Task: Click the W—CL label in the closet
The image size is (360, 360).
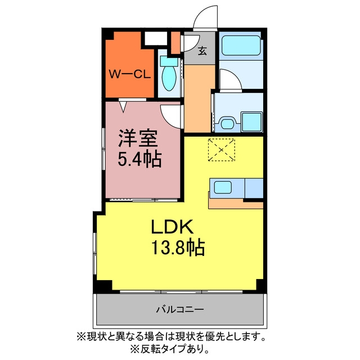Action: coord(130,74)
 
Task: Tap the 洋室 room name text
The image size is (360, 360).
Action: coord(138,138)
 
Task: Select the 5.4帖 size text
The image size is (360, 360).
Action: coord(139,159)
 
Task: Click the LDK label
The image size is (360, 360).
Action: coord(172,227)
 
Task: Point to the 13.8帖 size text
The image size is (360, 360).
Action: coord(178,247)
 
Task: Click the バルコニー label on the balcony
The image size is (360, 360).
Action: coord(180,310)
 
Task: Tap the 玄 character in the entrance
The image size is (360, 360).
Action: coord(202,51)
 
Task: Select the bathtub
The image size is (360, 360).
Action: coord(241,46)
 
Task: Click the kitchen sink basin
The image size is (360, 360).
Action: coord(223,187)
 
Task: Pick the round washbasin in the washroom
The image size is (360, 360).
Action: coord(227,123)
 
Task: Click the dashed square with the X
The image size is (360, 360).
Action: coord(221,150)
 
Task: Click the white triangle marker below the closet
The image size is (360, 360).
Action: coord(124,106)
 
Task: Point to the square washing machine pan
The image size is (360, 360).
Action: coord(252,121)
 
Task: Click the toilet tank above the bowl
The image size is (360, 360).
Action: coord(169,61)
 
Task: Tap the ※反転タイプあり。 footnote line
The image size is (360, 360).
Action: coord(170,350)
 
